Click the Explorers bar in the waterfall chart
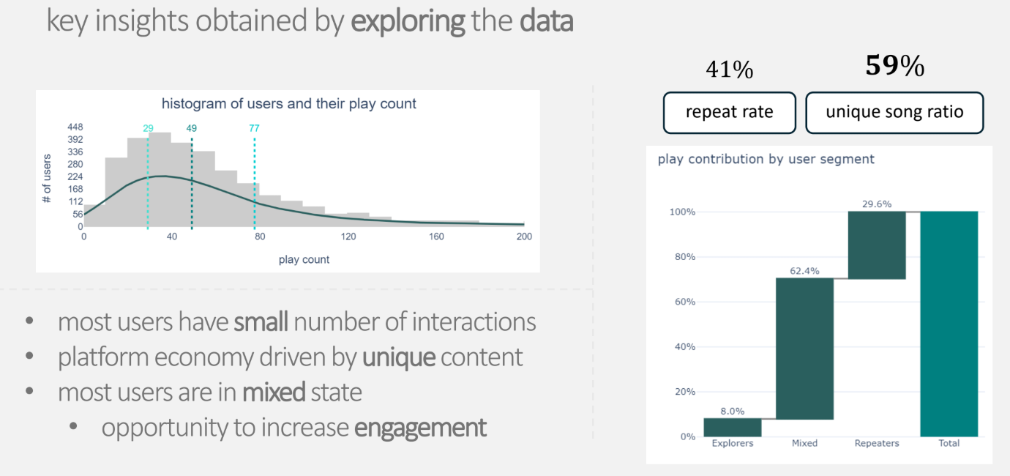pyautogui.click(x=733, y=427)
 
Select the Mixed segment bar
pyautogui.click(x=804, y=349)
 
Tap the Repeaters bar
pyautogui.click(x=877, y=245)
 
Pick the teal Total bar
pyautogui.click(x=949, y=324)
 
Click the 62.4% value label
pyautogui.click(x=804, y=271)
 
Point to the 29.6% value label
pyautogui.click(x=877, y=204)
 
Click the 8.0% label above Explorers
pyautogui.click(x=733, y=412)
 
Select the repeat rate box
pyautogui.click(x=729, y=113)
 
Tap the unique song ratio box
pyautogui.click(x=894, y=113)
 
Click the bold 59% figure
pyautogui.click(x=894, y=67)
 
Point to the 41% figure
pyautogui.click(x=729, y=70)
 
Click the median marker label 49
pyautogui.click(x=191, y=128)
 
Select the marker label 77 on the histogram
pyautogui.click(x=254, y=128)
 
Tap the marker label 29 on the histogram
pyautogui.click(x=148, y=128)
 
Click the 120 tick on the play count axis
pyautogui.click(x=348, y=237)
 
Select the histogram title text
pyautogui.click(x=288, y=104)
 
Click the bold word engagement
pyautogui.click(x=420, y=428)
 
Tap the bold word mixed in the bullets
pyautogui.click(x=274, y=393)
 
